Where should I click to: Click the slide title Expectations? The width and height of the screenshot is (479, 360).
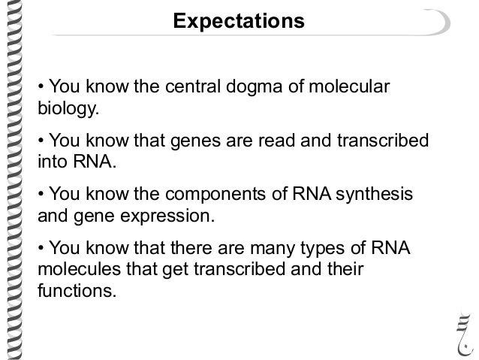239,21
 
